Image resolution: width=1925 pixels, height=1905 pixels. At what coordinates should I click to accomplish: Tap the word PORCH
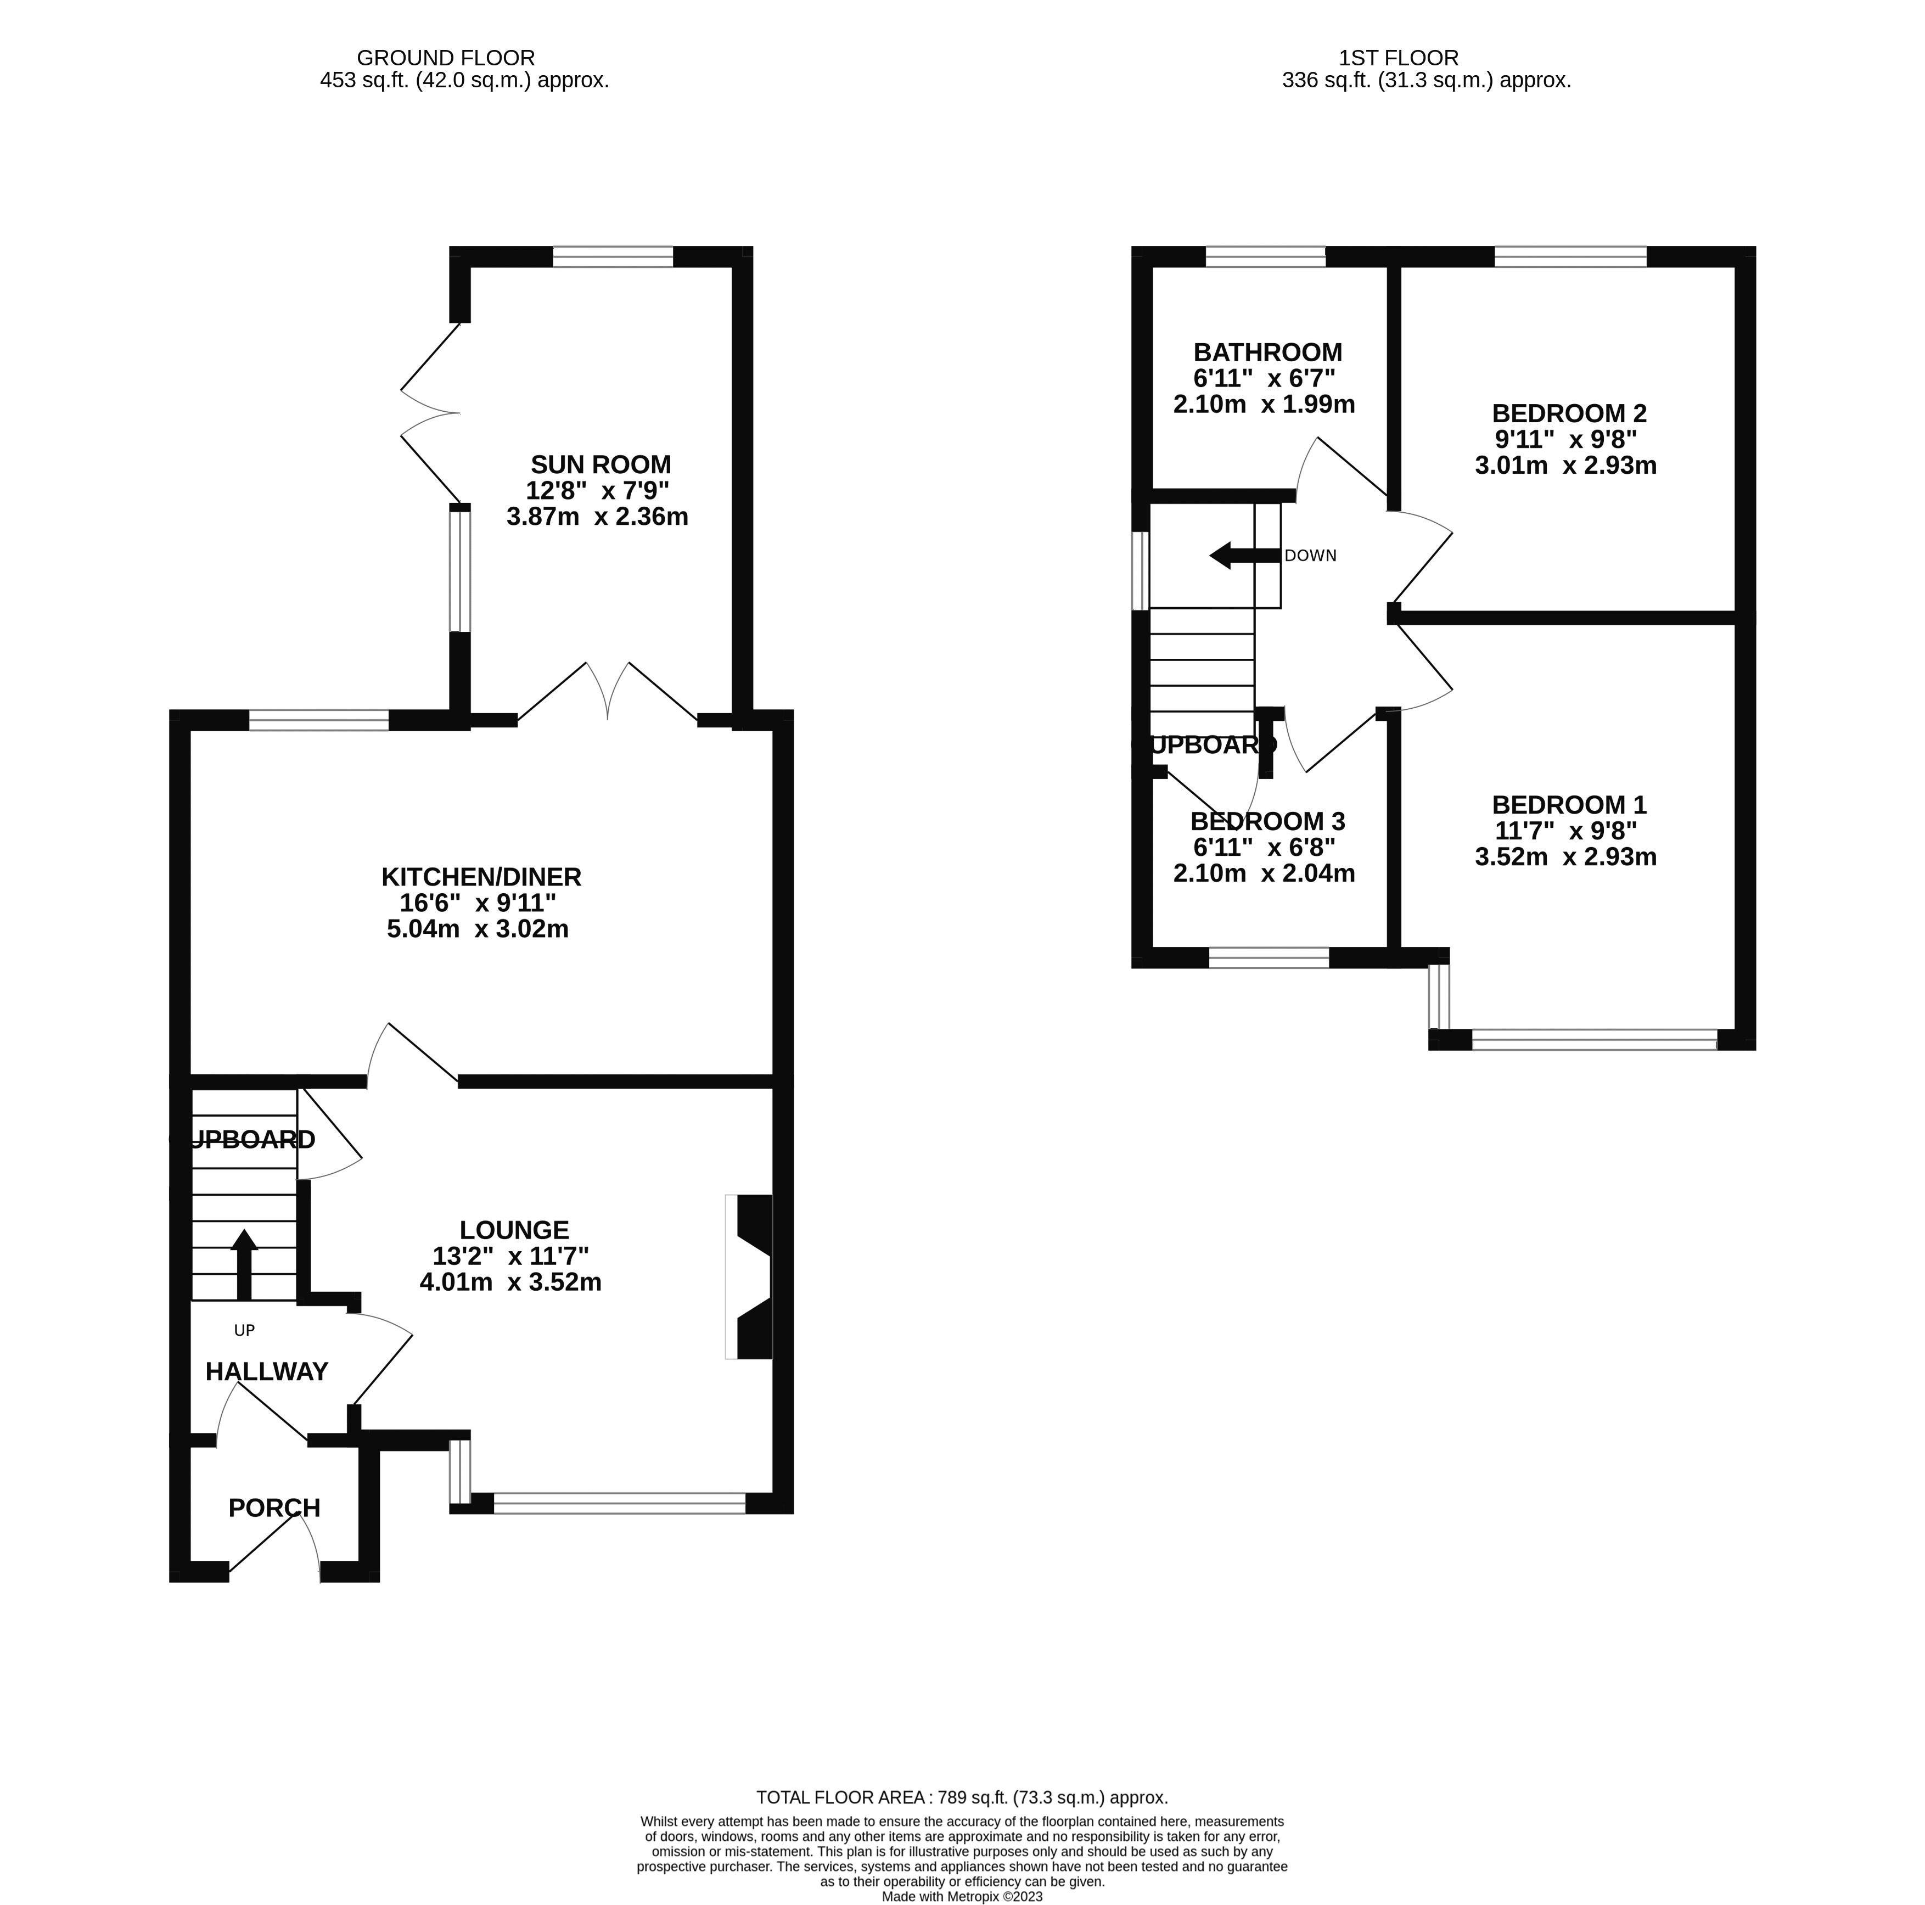point(274,1509)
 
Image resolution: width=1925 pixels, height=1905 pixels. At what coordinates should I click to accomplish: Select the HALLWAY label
point(266,1372)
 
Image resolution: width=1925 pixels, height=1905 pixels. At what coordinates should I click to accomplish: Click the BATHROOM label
point(1267,352)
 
